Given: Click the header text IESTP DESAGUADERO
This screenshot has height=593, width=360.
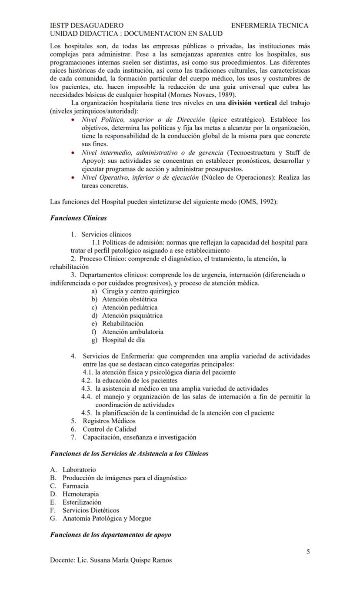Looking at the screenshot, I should [x=87, y=26].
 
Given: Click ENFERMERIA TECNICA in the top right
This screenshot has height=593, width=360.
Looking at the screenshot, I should [x=270, y=26].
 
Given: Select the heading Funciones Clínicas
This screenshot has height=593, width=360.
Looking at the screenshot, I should [x=78, y=218].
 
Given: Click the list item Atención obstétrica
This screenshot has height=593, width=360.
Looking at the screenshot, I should [x=130, y=299].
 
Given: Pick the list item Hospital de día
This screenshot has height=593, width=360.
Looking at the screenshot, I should [x=123, y=340].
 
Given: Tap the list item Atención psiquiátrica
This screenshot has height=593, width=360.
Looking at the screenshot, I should [x=132, y=315].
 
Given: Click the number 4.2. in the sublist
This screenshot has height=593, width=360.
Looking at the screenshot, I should [x=87, y=381].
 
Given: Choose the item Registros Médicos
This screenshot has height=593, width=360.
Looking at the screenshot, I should [x=109, y=421].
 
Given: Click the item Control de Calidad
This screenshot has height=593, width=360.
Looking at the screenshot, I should [x=110, y=429].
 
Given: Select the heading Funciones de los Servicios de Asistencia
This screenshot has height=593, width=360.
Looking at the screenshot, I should [x=129, y=454].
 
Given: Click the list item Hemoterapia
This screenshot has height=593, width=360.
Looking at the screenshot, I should [x=80, y=494].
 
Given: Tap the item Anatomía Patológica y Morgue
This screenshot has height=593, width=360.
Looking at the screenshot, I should [x=107, y=519].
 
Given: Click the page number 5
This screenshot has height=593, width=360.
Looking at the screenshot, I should [x=308, y=552].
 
